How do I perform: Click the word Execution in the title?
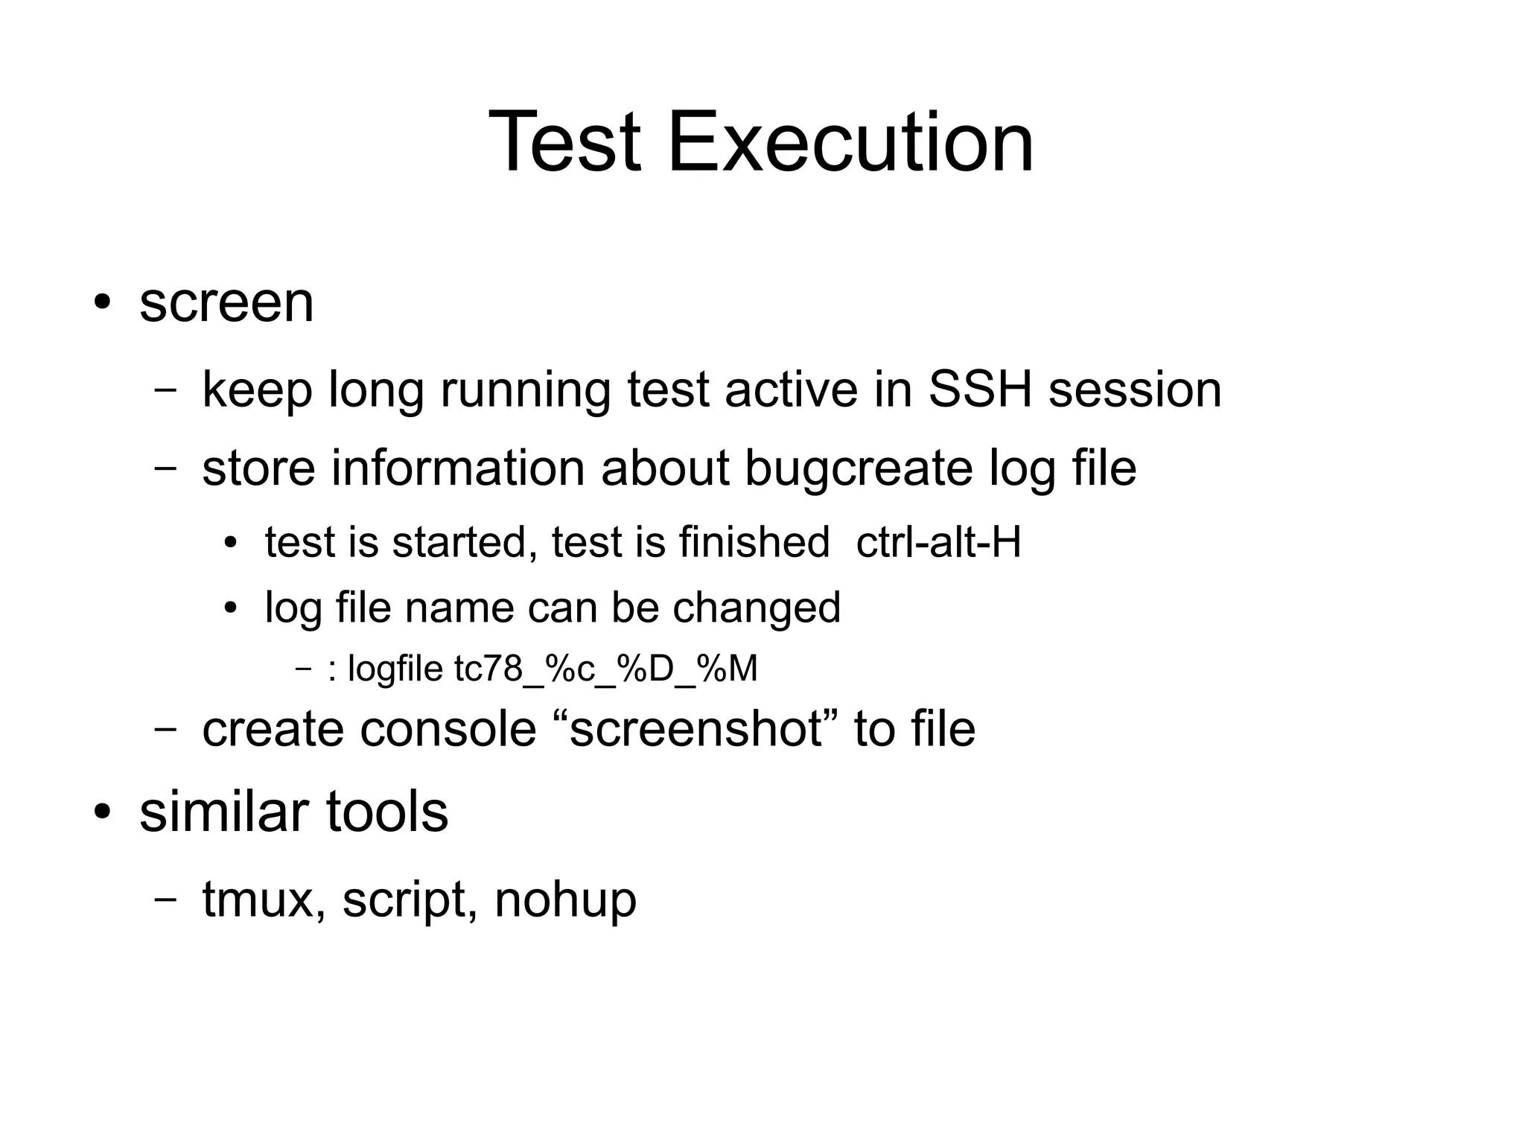tap(850, 141)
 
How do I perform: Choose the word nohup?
tap(565, 900)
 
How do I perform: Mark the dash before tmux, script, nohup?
tap(165, 900)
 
